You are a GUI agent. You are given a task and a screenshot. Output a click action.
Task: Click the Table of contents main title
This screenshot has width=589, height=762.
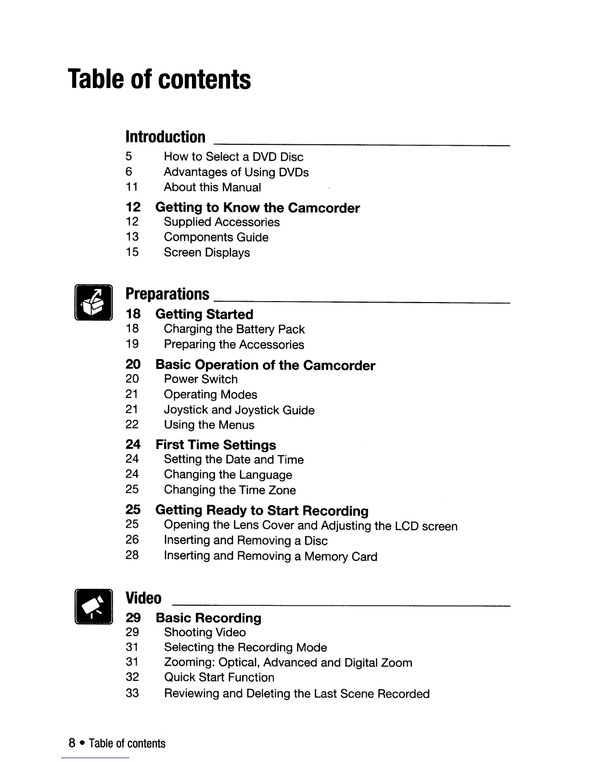159,79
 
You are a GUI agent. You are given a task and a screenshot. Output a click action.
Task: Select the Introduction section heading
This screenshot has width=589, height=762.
165,137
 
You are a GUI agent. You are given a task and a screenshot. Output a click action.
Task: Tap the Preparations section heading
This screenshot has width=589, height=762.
167,294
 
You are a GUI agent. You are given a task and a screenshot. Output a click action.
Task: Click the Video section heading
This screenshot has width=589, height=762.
143,598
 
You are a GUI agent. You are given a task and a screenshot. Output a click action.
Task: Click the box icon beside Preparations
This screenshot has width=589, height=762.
93,303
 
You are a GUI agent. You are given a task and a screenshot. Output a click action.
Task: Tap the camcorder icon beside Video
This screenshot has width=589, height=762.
93,606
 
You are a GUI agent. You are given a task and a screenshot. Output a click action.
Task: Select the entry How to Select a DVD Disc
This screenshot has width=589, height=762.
233,157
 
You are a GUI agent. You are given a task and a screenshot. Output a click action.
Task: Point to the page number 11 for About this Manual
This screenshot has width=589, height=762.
132,187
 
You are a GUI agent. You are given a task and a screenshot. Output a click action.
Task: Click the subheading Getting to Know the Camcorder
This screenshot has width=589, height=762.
257,208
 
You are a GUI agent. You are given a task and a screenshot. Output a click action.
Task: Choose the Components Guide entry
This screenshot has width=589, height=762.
216,237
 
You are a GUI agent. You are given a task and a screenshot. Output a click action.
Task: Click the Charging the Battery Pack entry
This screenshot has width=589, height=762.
234,330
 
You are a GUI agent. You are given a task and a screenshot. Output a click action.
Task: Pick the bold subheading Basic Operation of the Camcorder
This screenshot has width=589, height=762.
265,365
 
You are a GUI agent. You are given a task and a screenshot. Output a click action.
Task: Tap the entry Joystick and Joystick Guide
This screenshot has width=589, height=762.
239,410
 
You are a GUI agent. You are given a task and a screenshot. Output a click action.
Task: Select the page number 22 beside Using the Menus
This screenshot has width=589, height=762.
132,425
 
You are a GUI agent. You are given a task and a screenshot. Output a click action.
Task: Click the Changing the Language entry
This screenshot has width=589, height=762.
228,475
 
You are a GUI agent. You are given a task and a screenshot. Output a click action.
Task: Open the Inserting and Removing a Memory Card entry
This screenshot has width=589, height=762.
270,557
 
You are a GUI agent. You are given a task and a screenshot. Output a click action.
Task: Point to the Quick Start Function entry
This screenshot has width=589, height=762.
219,678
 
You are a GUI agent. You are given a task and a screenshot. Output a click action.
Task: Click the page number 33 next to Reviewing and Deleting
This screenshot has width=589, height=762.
132,693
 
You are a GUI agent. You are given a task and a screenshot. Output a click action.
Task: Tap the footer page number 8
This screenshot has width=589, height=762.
72,744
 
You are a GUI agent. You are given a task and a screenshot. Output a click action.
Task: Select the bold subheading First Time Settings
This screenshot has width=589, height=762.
216,445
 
